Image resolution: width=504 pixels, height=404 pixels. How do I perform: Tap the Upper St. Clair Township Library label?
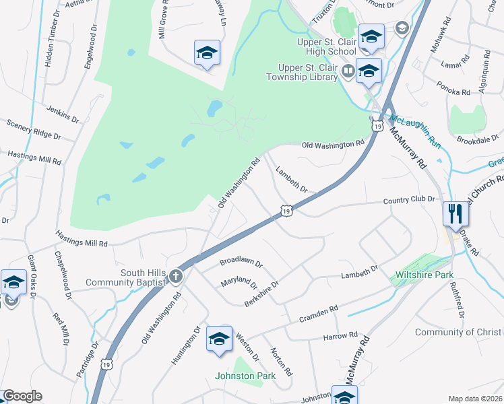[x=309, y=72]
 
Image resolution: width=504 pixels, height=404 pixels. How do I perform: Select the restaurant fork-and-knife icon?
[x=456, y=215]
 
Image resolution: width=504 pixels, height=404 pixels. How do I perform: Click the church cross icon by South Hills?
[x=175, y=276]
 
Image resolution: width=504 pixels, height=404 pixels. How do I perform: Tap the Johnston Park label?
[x=245, y=376]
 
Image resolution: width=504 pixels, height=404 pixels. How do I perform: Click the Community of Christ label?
[x=458, y=332]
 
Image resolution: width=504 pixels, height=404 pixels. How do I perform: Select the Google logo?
[x=22, y=396]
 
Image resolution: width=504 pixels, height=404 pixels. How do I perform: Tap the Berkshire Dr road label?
[x=261, y=294]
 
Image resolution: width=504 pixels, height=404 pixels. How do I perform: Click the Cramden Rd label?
[x=319, y=311]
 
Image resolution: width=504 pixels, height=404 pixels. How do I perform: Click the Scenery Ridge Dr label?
[x=34, y=129]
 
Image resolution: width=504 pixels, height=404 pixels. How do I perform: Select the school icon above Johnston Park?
[x=219, y=339]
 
